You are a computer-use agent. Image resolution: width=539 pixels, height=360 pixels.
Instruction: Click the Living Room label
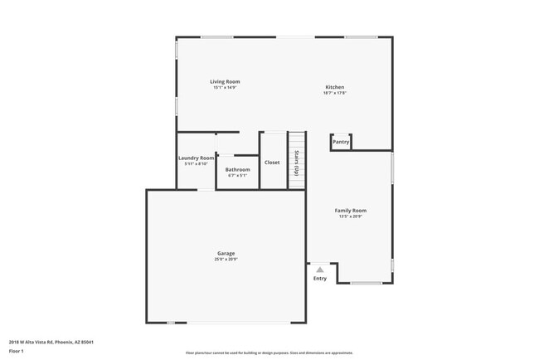[x=225, y=81]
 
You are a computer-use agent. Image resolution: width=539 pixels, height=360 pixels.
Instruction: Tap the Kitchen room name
[x=334, y=87]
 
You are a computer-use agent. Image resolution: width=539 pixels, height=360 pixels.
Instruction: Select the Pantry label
[x=341, y=142]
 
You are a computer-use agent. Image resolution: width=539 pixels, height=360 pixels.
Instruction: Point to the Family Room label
[x=351, y=211]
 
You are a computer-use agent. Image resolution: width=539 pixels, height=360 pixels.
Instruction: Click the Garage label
[x=226, y=253]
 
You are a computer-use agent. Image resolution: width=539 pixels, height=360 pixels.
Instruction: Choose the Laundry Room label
[x=197, y=158]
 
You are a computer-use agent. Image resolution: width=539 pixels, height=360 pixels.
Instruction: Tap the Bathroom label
[x=237, y=169]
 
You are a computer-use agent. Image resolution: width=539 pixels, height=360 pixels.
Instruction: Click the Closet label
[x=272, y=163]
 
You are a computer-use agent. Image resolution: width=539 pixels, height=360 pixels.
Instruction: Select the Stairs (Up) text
[x=296, y=163]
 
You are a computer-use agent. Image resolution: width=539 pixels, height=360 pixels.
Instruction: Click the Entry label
[x=319, y=279]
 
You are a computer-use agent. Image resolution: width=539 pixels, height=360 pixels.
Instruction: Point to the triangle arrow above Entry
[x=319, y=269]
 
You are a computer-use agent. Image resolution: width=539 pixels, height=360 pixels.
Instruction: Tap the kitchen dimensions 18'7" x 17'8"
[x=334, y=93]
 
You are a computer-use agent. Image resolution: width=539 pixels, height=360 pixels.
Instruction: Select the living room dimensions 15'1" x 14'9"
[x=225, y=87]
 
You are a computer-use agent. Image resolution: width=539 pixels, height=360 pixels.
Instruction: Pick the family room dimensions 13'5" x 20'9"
[x=351, y=216]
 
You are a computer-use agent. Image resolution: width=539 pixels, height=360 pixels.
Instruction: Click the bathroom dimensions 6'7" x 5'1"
[x=237, y=175]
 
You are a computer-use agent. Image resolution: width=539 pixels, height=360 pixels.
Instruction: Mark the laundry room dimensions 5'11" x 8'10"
[x=196, y=163]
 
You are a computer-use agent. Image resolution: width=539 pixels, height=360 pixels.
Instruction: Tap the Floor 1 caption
[x=17, y=351]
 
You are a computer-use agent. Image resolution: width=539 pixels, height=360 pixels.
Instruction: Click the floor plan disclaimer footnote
[x=269, y=353]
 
